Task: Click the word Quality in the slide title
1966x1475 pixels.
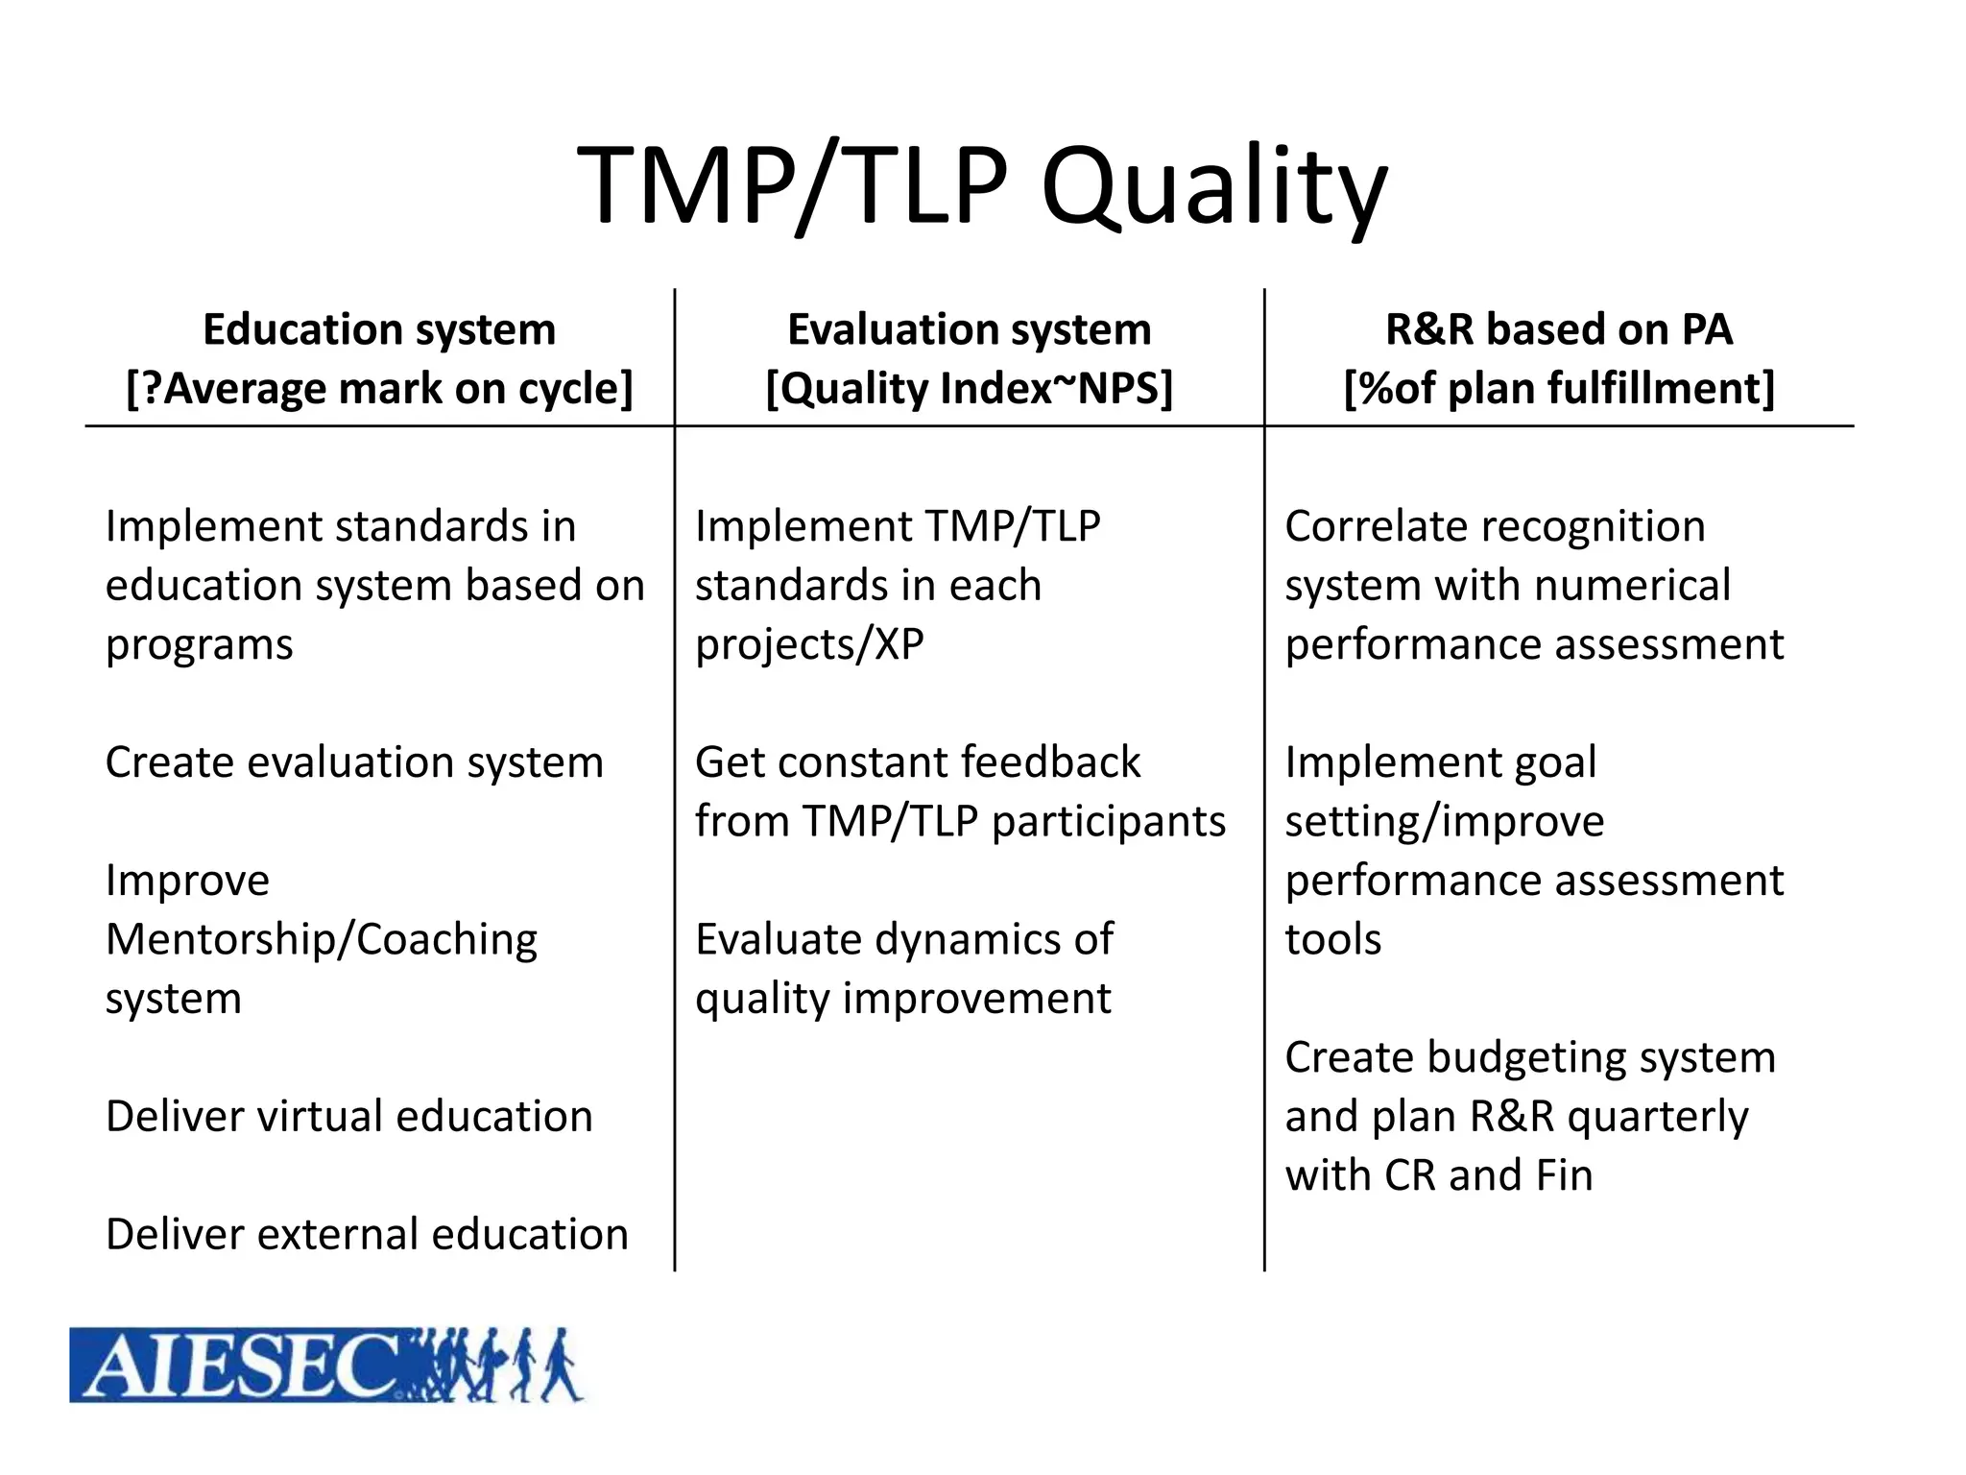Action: coord(1213,187)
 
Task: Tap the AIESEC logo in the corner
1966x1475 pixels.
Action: coord(326,1365)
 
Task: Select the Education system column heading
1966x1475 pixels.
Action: coord(379,329)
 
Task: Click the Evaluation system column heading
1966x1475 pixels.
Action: coord(969,329)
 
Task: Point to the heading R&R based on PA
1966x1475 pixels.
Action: coord(1558,329)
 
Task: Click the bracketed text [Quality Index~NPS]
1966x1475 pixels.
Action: coord(969,389)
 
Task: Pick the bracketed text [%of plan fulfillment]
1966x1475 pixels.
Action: coord(1558,389)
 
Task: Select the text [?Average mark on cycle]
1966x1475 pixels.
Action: coord(379,389)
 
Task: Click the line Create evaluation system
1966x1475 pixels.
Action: coord(354,762)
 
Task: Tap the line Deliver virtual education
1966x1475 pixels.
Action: coord(349,1117)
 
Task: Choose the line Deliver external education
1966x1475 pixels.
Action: coord(367,1235)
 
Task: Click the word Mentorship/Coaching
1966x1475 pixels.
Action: coord(322,940)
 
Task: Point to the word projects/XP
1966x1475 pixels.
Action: coord(809,644)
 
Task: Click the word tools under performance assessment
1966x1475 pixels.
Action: coord(1332,940)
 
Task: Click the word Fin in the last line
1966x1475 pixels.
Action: coord(1563,1176)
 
